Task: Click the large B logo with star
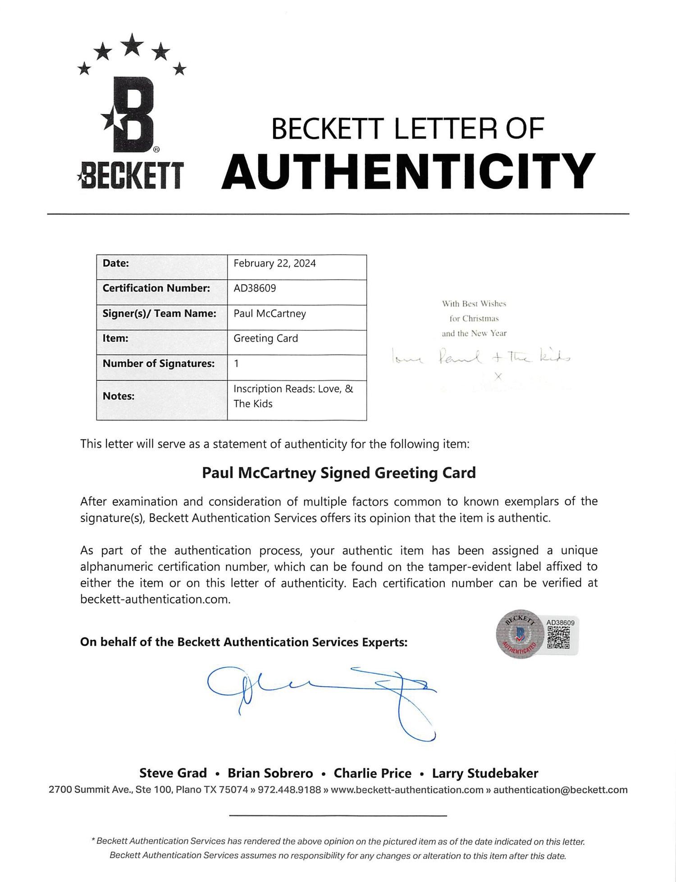pos(131,115)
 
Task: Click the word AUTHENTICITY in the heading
pos(408,171)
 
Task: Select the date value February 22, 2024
pos(274,263)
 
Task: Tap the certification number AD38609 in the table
pos(255,288)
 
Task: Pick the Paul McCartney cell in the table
pos(269,314)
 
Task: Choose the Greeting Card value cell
pos(265,338)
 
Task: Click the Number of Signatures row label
pos(159,364)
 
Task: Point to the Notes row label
pos(119,396)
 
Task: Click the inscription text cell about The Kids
pos(293,396)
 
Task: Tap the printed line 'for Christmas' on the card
pos(474,319)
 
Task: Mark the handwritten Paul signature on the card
pos(460,358)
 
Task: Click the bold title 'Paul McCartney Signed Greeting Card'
pos(338,473)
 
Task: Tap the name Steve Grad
pos(173,773)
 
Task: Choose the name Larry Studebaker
pos(485,773)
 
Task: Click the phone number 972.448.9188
pos(289,790)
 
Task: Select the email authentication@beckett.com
pos(560,790)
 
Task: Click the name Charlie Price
pos(372,773)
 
